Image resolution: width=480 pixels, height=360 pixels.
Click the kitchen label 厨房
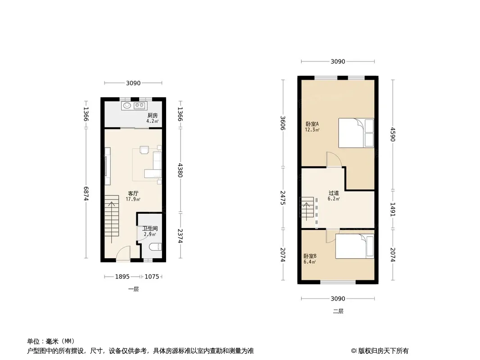(153, 115)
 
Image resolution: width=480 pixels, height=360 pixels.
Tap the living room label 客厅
(133, 193)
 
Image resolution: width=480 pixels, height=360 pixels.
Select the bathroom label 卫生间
(150, 229)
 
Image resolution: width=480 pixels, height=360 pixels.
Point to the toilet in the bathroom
(155, 247)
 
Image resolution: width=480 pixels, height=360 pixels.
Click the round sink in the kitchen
(127, 106)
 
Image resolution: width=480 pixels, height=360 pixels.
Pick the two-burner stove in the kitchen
(140, 106)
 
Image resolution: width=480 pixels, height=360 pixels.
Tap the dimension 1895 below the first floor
(122, 276)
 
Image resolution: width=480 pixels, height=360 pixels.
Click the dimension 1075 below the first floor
(152, 276)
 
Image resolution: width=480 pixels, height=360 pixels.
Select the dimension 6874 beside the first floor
(86, 194)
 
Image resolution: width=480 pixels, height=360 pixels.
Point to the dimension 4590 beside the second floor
(393, 134)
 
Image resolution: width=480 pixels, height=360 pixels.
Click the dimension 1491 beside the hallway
(393, 210)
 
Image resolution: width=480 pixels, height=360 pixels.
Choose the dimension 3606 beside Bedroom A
(283, 123)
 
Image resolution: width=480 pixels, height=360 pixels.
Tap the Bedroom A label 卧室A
(312, 124)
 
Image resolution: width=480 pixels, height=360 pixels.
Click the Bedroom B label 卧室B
(310, 256)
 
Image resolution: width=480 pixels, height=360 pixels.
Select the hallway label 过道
(334, 193)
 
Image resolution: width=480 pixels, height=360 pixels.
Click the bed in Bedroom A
(356, 133)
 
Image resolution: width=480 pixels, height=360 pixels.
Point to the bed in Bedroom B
(355, 246)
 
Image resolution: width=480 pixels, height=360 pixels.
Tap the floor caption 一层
(133, 289)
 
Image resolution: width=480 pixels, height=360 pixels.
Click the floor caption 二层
(338, 311)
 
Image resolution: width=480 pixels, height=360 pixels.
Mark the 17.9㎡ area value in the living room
(133, 199)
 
